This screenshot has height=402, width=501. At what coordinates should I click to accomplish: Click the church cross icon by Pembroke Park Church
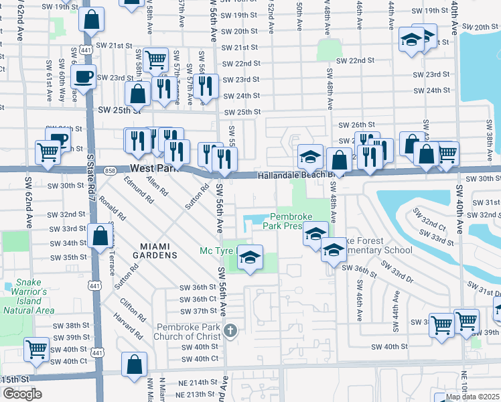pyautogui.click(x=230, y=330)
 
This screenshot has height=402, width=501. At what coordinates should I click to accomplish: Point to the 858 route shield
pyautogui.click(x=110, y=171)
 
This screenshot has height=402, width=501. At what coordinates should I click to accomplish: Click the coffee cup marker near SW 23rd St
pyautogui.click(x=83, y=76)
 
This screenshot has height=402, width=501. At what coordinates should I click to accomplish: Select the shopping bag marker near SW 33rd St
pyautogui.click(x=100, y=236)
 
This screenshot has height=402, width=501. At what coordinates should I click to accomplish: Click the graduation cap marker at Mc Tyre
pyautogui.click(x=249, y=257)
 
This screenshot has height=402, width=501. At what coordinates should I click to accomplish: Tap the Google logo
pyautogui.click(x=21, y=394)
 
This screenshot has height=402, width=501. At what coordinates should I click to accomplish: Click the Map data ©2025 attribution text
pyautogui.click(x=472, y=397)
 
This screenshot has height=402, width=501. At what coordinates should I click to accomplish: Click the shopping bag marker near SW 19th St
pyautogui.click(x=91, y=19)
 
